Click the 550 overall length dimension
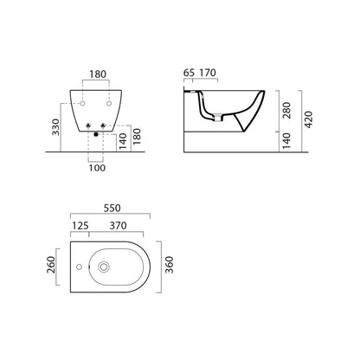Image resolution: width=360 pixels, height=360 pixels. [x=112, y=208]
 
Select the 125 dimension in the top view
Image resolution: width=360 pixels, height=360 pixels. [x=80, y=226]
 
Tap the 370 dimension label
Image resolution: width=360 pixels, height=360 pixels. [x=118, y=226]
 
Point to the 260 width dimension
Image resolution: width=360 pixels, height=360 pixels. [x=51, y=265]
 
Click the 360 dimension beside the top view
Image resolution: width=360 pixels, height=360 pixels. [x=169, y=265]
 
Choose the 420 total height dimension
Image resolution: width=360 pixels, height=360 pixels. [x=308, y=119]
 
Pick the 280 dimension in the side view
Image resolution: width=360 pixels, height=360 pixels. [x=287, y=111]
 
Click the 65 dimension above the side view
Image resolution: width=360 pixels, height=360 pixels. [x=189, y=73]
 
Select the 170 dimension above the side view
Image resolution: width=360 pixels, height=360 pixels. [x=208, y=73]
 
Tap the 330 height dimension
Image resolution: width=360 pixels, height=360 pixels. [x=55, y=127]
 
